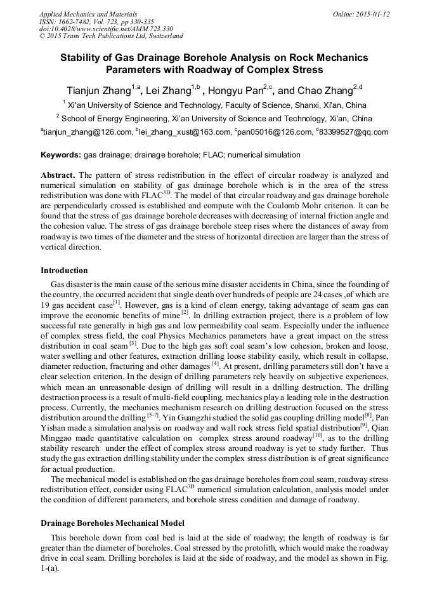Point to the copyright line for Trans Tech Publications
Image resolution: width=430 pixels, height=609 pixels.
(x=111, y=37)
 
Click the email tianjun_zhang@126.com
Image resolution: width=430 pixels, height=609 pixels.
(x=86, y=132)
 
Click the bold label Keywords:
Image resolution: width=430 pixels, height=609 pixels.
(x=61, y=155)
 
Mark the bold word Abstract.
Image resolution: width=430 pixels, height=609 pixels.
(x=58, y=174)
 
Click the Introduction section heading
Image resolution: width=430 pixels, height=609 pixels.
(x=64, y=270)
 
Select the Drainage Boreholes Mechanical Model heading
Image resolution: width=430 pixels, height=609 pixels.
(x=112, y=523)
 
